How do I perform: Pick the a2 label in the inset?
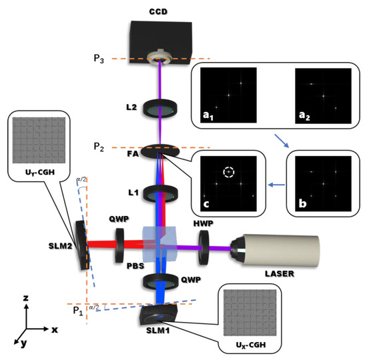[x=305, y=117]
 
